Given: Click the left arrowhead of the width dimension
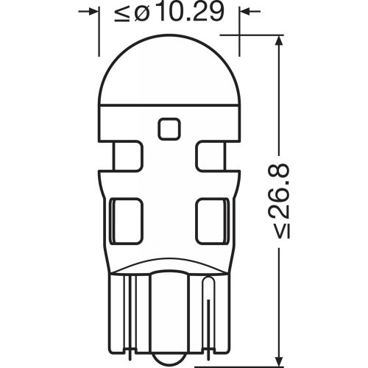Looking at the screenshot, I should [91, 13].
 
